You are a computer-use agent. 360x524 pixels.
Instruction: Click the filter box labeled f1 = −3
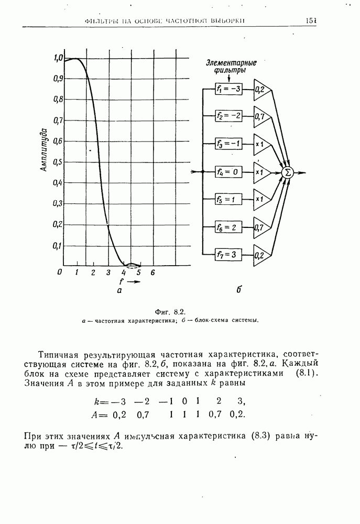tap(228, 89)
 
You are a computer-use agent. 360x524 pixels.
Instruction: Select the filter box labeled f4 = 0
tap(228, 171)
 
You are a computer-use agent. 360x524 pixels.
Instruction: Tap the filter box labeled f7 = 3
tap(228, 255)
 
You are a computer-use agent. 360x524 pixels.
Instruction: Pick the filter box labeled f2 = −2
tap(228, 116)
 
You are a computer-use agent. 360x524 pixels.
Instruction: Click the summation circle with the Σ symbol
tap(287, 172)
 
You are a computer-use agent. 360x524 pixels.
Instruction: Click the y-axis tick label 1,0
tap(58, 58)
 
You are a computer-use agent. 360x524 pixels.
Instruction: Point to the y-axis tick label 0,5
tap(57, 162)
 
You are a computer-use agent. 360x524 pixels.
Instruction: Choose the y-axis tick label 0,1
tap(57, 245)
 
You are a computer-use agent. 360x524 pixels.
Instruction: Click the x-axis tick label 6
tap(152, 272)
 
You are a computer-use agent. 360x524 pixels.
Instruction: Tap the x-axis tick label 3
tap(108, 272)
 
